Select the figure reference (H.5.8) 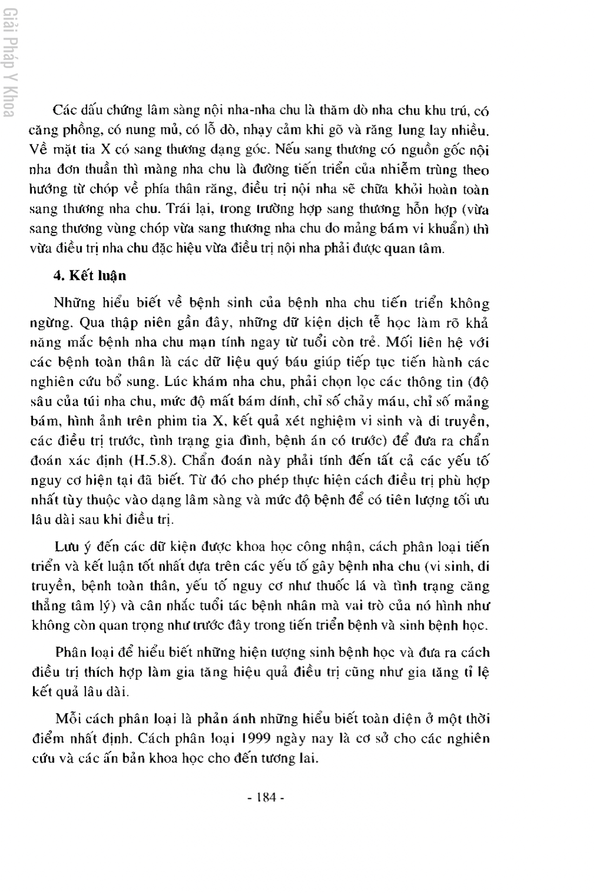tap(152, 461)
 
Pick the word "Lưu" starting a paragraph tap(65, 547)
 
